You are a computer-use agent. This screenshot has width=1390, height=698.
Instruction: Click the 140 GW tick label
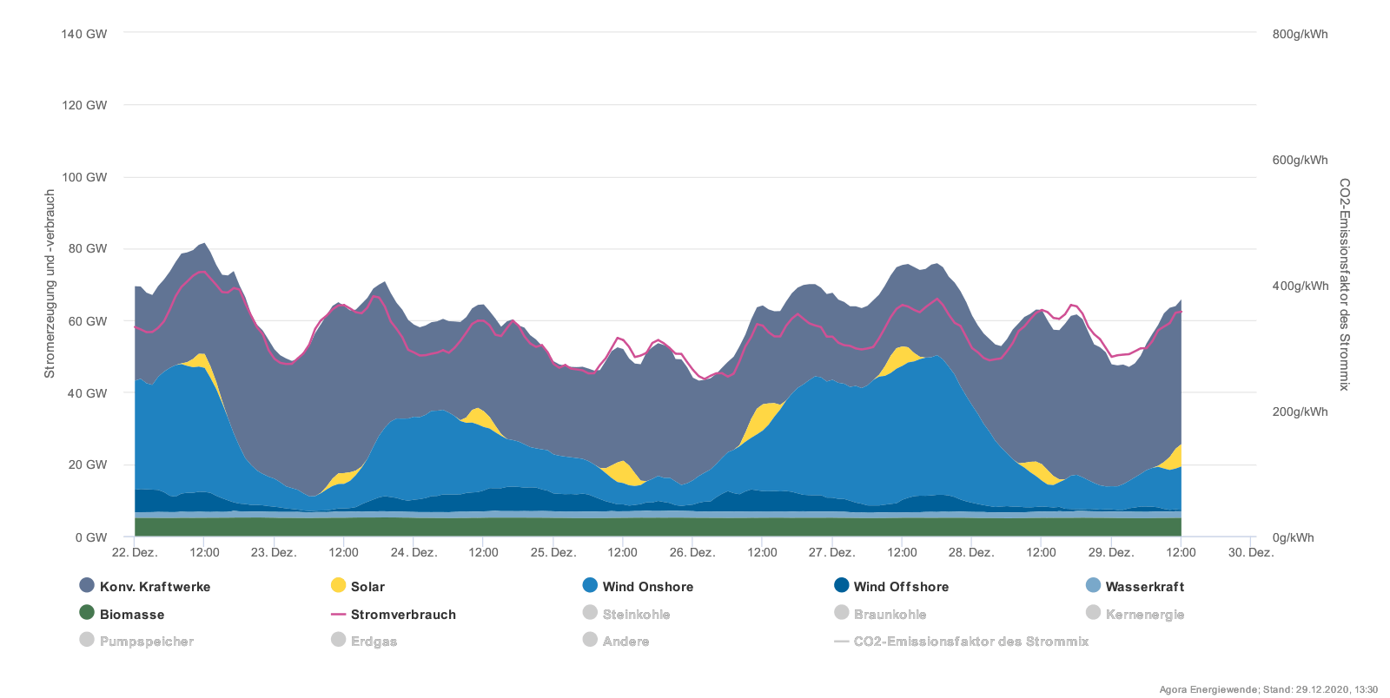click(84, 34)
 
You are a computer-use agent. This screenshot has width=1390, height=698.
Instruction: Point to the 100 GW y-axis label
click(84, 177)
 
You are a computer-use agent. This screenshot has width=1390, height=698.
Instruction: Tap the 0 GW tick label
click(90, 537)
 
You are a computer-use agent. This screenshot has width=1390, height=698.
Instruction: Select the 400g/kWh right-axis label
click(1300, 286)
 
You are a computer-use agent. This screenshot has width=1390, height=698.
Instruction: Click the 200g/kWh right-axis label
click(1300, 412)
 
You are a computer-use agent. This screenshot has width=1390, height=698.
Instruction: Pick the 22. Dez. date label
click(135, 552)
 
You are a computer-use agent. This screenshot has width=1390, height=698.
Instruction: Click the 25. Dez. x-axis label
click(553, 552)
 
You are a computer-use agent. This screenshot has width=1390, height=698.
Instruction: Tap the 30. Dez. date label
click(1250, 552)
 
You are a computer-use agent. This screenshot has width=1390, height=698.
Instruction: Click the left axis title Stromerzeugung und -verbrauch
click(50, 285)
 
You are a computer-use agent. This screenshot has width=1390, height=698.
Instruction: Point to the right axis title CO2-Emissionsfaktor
click(1344, 285)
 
